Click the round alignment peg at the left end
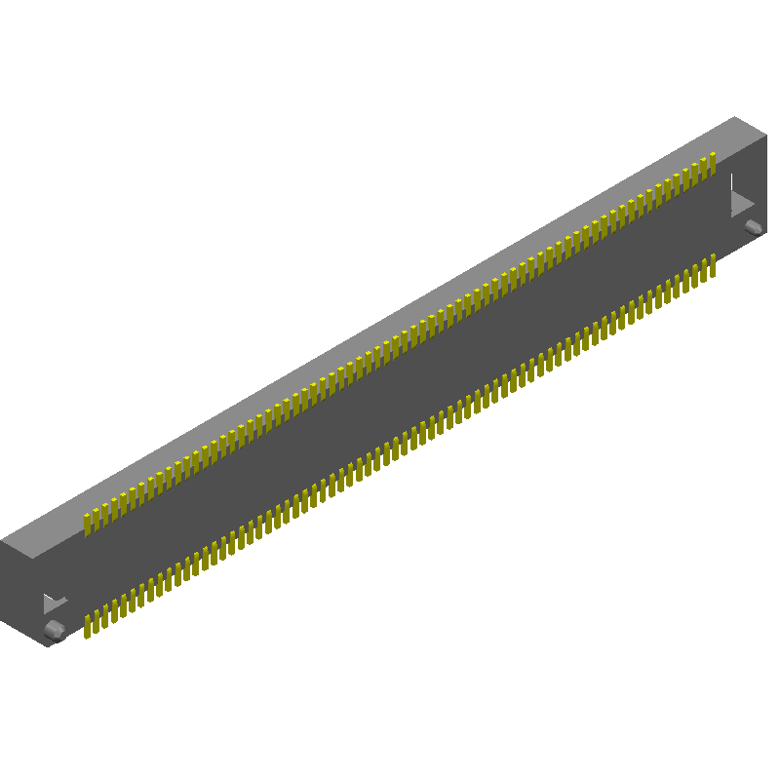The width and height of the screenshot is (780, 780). [x=55, y=630]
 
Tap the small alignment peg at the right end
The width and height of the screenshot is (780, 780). [x=753, y=227]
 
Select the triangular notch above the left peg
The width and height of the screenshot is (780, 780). [x=55, y=604]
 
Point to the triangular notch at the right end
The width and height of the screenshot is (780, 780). [x=741, y=203]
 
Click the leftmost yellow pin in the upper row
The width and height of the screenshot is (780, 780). [x=87, y=523]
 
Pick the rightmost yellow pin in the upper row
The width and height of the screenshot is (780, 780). [x=713, y=162]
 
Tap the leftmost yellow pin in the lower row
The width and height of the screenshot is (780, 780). [x=87, y=626]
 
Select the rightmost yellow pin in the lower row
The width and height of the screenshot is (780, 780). [x=713, y=264]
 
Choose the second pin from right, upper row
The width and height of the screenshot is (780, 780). [x=704, y=167]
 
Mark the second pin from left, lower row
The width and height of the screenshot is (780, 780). [x=96, y=621]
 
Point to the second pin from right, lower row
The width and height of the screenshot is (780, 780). [x=704, y=269]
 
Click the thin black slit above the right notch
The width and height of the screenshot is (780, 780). [x=732, y=181]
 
